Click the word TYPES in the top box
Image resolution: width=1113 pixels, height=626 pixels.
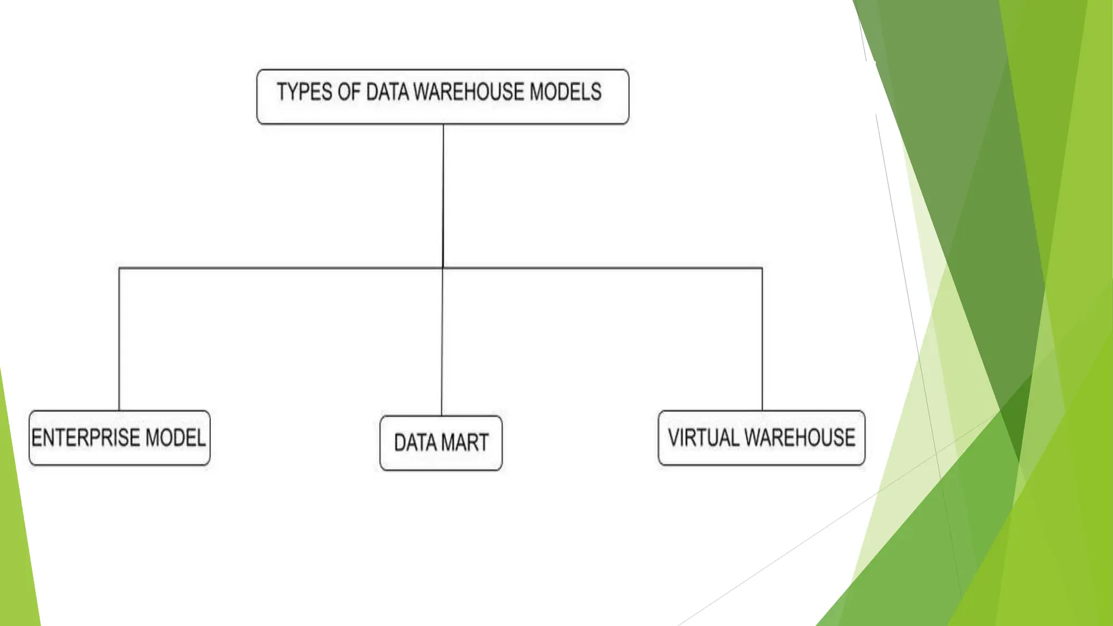[x=304, y=92]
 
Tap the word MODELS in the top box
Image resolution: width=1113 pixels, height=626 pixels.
[x=565, y=92]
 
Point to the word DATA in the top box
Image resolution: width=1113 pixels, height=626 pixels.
[x=387, y=92]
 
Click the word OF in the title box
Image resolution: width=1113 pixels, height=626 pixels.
[x=349, y=92]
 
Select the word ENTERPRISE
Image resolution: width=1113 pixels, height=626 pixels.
[x=86, y=438]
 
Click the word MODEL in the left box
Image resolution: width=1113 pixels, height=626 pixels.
[x=176, y=438]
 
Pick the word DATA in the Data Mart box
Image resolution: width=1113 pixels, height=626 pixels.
[x=415, y=443]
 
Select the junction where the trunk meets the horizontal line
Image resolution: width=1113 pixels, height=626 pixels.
[x=443, y=268]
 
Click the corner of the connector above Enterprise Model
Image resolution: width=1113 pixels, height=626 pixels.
[x=119, y=268]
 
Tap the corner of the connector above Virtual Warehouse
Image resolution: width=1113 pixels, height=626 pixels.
[x=762, y=268]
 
